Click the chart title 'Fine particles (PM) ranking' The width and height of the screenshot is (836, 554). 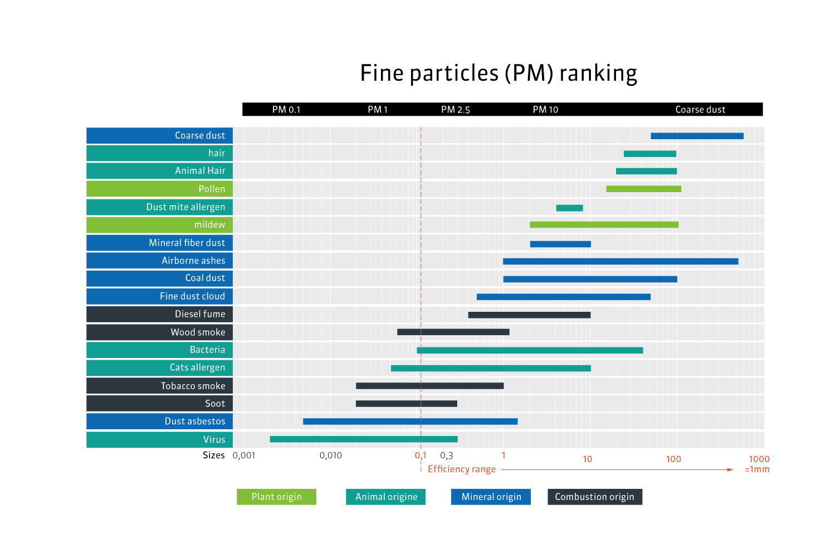[498, 73]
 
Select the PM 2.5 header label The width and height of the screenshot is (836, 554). [455, 110]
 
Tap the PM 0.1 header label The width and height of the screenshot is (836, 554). [286, 110]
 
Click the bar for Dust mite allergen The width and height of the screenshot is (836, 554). [569, 208]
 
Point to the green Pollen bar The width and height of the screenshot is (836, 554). [643, 189]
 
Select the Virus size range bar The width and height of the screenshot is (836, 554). [364, 439]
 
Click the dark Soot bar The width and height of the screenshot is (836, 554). [406, 404]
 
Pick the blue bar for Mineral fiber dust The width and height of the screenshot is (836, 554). [560, 244]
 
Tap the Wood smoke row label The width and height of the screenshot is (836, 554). [198, 332]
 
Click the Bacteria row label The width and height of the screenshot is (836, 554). [207, 350]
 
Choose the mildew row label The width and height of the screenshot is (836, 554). [209, 225]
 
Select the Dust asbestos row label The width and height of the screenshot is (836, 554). [195, 421]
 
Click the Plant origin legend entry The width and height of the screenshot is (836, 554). [276, 497]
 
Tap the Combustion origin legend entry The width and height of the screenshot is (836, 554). [594, 497]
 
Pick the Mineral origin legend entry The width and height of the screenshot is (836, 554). [491, 497]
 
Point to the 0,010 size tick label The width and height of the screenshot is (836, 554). [331, 455]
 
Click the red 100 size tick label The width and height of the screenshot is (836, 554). [673, 459]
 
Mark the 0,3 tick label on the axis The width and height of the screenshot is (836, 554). [447, 455]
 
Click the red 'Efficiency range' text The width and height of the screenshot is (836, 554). [461, 469]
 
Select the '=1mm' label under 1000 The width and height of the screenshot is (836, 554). [757, 469]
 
